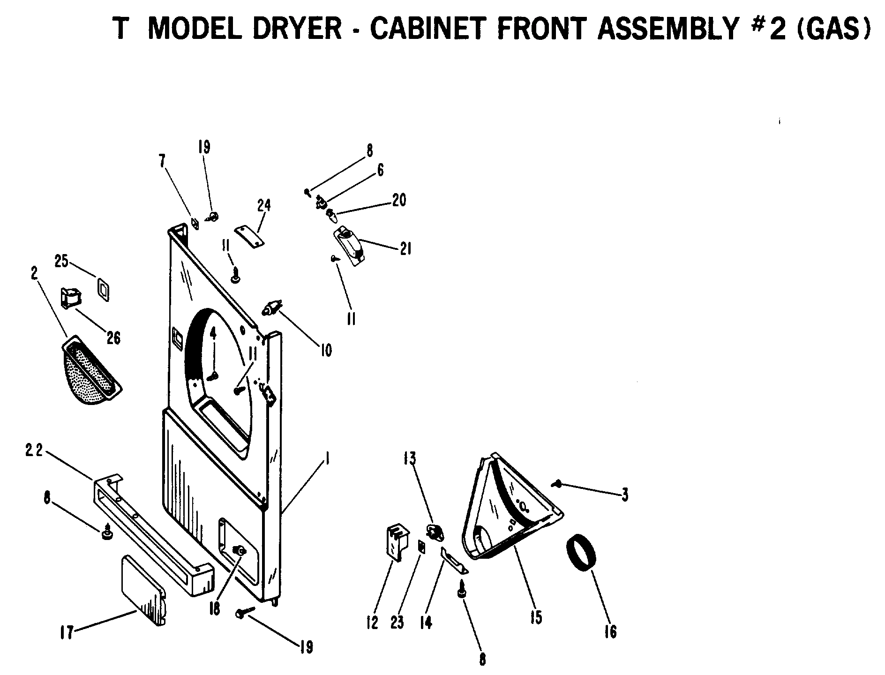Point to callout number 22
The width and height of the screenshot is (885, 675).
(34, 450)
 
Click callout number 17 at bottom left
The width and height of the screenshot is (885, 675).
(67, 633)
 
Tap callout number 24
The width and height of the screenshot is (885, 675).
(264, 205)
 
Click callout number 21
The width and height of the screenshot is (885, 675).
(405, 248)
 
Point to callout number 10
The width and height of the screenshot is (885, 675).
(326, 350)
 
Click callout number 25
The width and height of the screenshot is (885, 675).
(61, 261)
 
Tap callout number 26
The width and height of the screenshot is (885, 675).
(113, 337)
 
